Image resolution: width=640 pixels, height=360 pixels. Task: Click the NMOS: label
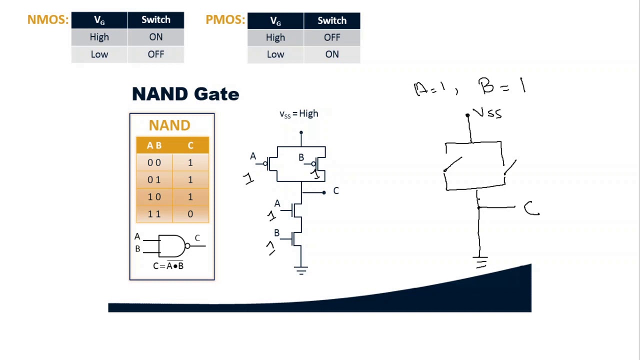(x=47, y=20)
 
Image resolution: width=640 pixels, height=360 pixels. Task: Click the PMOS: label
(x=225, y=20)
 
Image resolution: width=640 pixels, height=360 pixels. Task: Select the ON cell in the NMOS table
(x=155, y=37)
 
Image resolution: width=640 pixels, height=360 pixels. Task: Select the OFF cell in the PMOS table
(x=331, y=37)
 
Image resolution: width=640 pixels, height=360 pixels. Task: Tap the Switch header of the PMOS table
(x=331, y=20)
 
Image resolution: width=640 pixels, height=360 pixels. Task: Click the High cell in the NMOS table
(x=99, y=37)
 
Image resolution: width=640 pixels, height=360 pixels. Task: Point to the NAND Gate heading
(x=185, y=94)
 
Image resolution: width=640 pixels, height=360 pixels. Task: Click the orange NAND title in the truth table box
(x=169, y=125)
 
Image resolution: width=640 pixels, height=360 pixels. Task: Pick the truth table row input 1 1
(x=154, y=214)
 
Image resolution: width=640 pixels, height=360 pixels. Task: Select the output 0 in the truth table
(x=190, y=214)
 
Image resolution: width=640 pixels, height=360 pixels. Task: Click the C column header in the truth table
(x=190, y=145)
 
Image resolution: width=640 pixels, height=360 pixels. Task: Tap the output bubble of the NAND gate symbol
(x=187, y=245)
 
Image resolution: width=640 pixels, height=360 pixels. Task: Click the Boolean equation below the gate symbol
(x=168, y=266)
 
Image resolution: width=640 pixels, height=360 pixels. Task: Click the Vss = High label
(x=298, y=114)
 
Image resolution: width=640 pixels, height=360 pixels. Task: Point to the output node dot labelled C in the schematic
(x=324, y=192)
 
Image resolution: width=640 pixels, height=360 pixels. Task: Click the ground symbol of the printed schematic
(x=301, y=271)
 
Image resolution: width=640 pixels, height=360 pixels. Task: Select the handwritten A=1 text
(x=429, y=89)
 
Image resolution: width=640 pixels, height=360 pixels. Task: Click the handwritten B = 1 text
(x=501, y=86)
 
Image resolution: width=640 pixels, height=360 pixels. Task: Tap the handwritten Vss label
(x=487, y=113)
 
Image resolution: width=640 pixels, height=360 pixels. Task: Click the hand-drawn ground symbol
(x=480, y=262)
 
